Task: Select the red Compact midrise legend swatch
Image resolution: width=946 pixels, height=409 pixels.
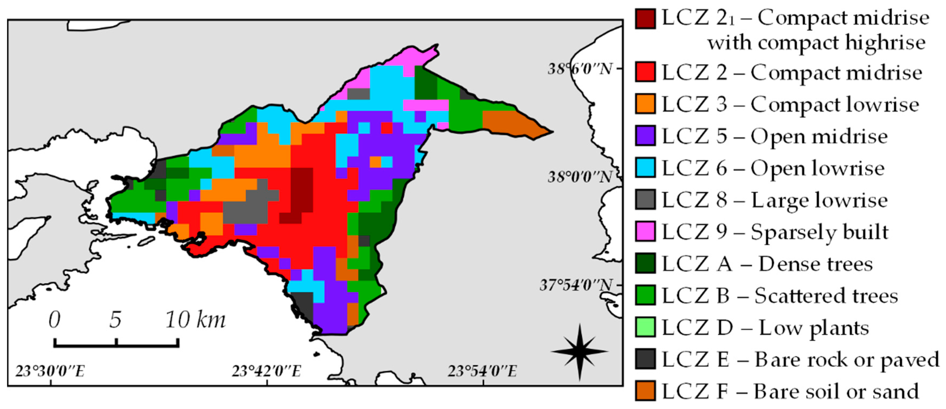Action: pyautogui.click(x=645, y=72)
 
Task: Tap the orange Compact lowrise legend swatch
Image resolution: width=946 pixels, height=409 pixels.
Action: pyautogui.click(x=645, y=104)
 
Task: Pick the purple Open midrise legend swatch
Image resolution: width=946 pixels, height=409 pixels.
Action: pyautogui.click(x=645, y=136)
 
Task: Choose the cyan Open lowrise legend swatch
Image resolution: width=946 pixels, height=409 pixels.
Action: pyautogui.click(x=645, y=168)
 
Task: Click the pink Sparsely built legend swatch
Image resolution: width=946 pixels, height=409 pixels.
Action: pyautogui.click(x=645, y=232)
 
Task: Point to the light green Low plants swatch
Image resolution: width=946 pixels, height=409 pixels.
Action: pyautogui.click(x=645, y=327)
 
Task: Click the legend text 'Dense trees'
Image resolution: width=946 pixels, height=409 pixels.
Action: pyautogui.click(x=815, y=264)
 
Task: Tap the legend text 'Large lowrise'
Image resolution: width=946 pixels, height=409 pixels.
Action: pyautogui.click(x=819, y=200)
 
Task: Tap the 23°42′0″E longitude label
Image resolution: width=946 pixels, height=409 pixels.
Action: pyautogui.click(x=266, y=371)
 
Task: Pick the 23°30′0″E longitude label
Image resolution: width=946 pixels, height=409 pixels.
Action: pyautogui.click(x=50, y=371)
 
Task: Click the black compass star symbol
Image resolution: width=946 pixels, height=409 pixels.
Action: pyautogui.click(x=579, y=351)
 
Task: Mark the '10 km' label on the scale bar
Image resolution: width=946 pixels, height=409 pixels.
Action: pyautogui.click(x=195, y=320)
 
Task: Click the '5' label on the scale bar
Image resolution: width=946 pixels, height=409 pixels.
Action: pyautogui.click(x=115, y=320)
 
